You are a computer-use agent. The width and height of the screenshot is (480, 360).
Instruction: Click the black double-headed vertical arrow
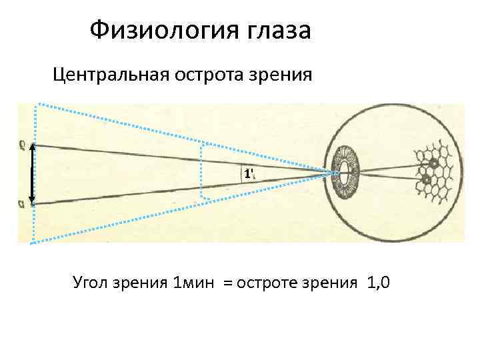coord(31,173)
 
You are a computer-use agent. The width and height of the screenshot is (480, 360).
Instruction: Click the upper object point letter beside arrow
coord(23,143)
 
